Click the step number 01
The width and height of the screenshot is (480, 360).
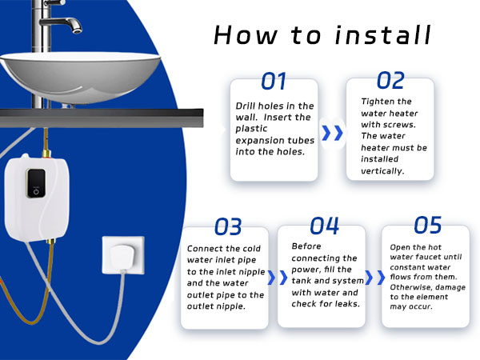click(x=274, y=82)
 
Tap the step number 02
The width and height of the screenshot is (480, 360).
click(x=390, y=80)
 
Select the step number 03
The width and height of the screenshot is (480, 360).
click(x=227, y=226)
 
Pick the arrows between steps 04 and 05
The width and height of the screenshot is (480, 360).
click(x=373, y=278)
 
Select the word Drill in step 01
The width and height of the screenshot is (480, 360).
click(x=249, y=106)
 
